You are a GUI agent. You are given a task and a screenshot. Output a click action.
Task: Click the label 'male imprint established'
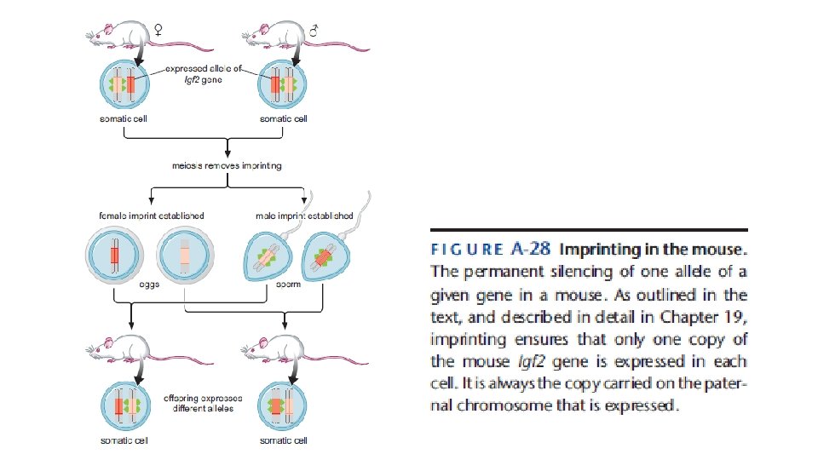click(x=304, y=216)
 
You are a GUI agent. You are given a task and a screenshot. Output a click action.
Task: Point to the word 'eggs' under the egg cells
click(x=150, y=285)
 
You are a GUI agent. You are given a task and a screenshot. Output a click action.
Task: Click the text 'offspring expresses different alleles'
click(x=202, y=403)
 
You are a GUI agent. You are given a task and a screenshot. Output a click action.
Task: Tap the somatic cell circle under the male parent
click(x=282, y=85)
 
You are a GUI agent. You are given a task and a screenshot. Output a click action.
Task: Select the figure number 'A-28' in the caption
click(x=528, y=250)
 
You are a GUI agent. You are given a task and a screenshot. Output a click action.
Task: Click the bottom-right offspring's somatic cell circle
click(x=282, y=405)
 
